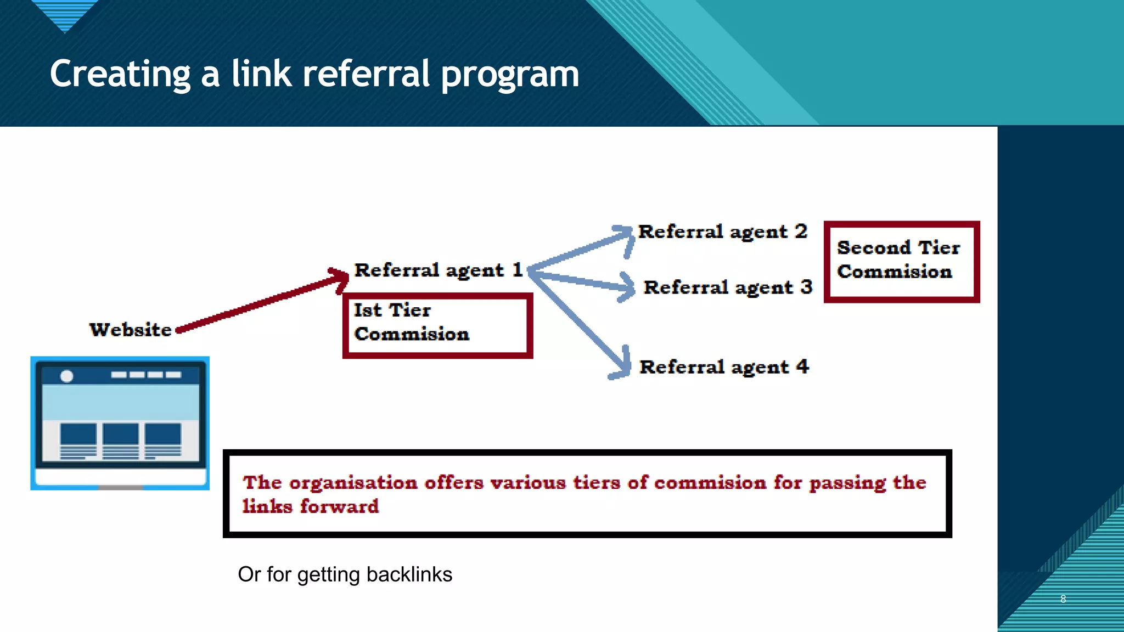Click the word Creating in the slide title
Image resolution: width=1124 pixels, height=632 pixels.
[120, 74]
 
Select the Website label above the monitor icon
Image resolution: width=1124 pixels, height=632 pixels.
[131, 330]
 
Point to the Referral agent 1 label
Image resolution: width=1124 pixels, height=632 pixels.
[438, 270]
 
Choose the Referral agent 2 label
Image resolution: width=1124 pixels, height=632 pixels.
[722, 232]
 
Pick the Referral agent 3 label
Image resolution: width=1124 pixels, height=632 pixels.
[728, 287]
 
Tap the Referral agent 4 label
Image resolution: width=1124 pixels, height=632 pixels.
[724, 367]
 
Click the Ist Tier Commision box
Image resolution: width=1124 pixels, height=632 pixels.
[437, 325]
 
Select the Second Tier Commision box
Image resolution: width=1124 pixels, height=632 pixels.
[901, 261]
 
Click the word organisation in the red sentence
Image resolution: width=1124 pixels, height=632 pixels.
[353, 483]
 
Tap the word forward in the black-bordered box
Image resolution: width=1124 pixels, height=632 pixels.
[339, 506]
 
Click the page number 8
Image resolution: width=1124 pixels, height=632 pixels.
[1063, 599]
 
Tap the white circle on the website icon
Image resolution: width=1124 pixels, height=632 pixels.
[67, 376]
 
